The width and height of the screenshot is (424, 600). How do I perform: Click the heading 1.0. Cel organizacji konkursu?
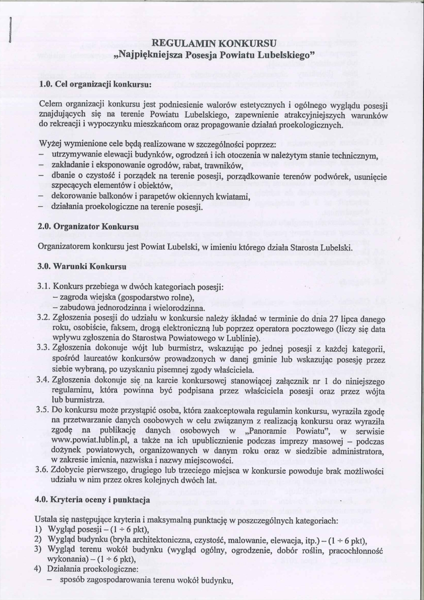[x=95, y=84]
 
